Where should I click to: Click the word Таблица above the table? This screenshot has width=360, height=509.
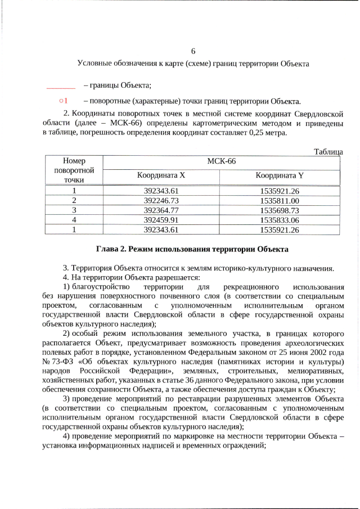pos(328,151)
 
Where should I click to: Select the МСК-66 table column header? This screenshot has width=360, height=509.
pos(221,161)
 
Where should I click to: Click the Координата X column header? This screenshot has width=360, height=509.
pos(161,175)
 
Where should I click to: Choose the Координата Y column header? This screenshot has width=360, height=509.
pos(280,175)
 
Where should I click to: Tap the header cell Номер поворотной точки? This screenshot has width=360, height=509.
pos(74,170)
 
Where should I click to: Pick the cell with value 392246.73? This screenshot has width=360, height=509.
pos(161,200)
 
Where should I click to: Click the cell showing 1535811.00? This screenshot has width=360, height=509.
pos(280,200)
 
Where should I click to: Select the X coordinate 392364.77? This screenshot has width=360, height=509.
pos(161,210)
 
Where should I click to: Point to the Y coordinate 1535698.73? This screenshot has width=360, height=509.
pos(280,210)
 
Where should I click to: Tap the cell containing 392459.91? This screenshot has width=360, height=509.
pos(161,219)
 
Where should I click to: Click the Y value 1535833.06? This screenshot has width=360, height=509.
pos(280,219)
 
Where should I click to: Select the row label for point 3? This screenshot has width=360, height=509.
pos(74,210)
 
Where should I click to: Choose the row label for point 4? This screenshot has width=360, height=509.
pos(74,219)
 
